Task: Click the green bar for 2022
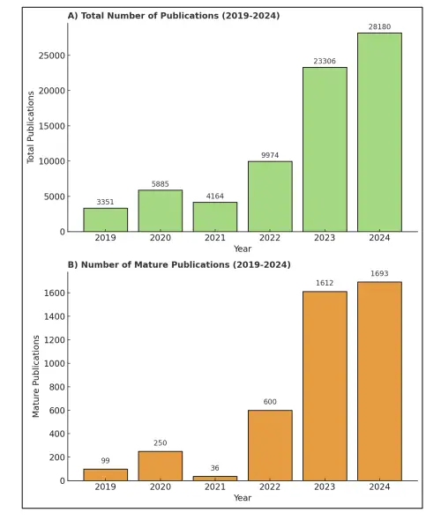(x=270, y=197)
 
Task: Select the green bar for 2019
(x=106, y=219)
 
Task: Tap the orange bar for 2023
(x=325, y=386)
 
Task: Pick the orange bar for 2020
(x=161, y=466)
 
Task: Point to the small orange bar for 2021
(x=215, y=479)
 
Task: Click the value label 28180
(x=379, y=26)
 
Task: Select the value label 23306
(x=325, y=61)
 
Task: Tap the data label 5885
(x=161, y=184)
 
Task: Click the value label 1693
(x=379, y=273)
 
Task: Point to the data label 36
(x=214, y=468)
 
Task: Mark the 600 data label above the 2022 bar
(x=270, y=402)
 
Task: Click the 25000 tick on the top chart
(x=52, y=56)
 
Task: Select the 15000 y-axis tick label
(x=52, y=126)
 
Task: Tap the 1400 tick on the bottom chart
(x=55, y=316)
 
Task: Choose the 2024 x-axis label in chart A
(x=379, y=238)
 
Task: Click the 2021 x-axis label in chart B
(x=215, y=487)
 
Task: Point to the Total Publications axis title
(x=31, y=127)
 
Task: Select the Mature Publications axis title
(x=36, y=376)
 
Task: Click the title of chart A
(x=174, y=16)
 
